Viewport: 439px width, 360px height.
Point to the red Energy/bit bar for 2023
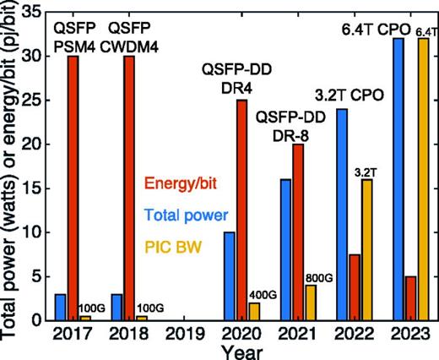click(x=411, y=297)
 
